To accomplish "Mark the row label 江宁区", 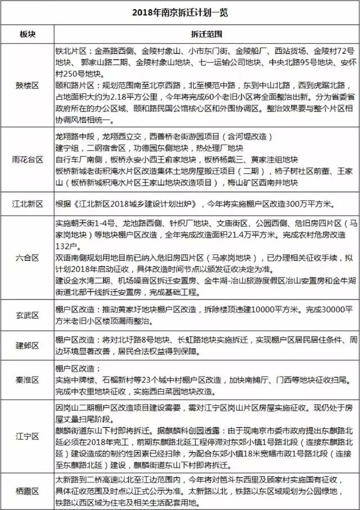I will pos(27,436).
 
